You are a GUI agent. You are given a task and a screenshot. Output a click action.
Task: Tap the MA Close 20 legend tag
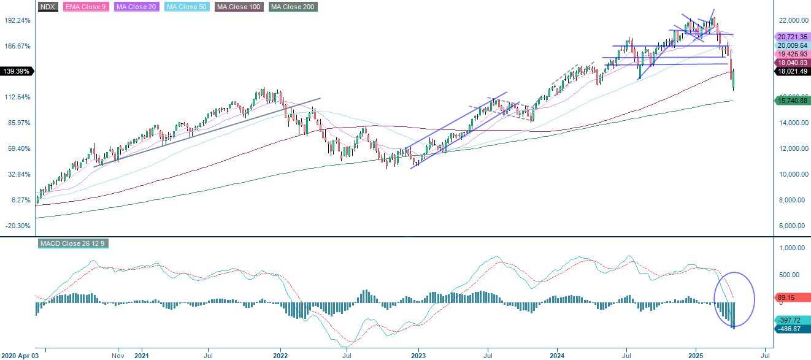click(135, 7)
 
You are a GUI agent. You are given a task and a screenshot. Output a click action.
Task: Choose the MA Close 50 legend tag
click(183, 7)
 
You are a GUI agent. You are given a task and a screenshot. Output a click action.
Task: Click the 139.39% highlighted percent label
click(17, 72)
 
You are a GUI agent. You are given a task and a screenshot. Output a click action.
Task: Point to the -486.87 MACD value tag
click(790, 329)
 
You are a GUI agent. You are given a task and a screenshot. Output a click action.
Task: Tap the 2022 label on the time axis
click(280, 355)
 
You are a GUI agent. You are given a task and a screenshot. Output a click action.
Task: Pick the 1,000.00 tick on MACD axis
click(791, 248)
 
